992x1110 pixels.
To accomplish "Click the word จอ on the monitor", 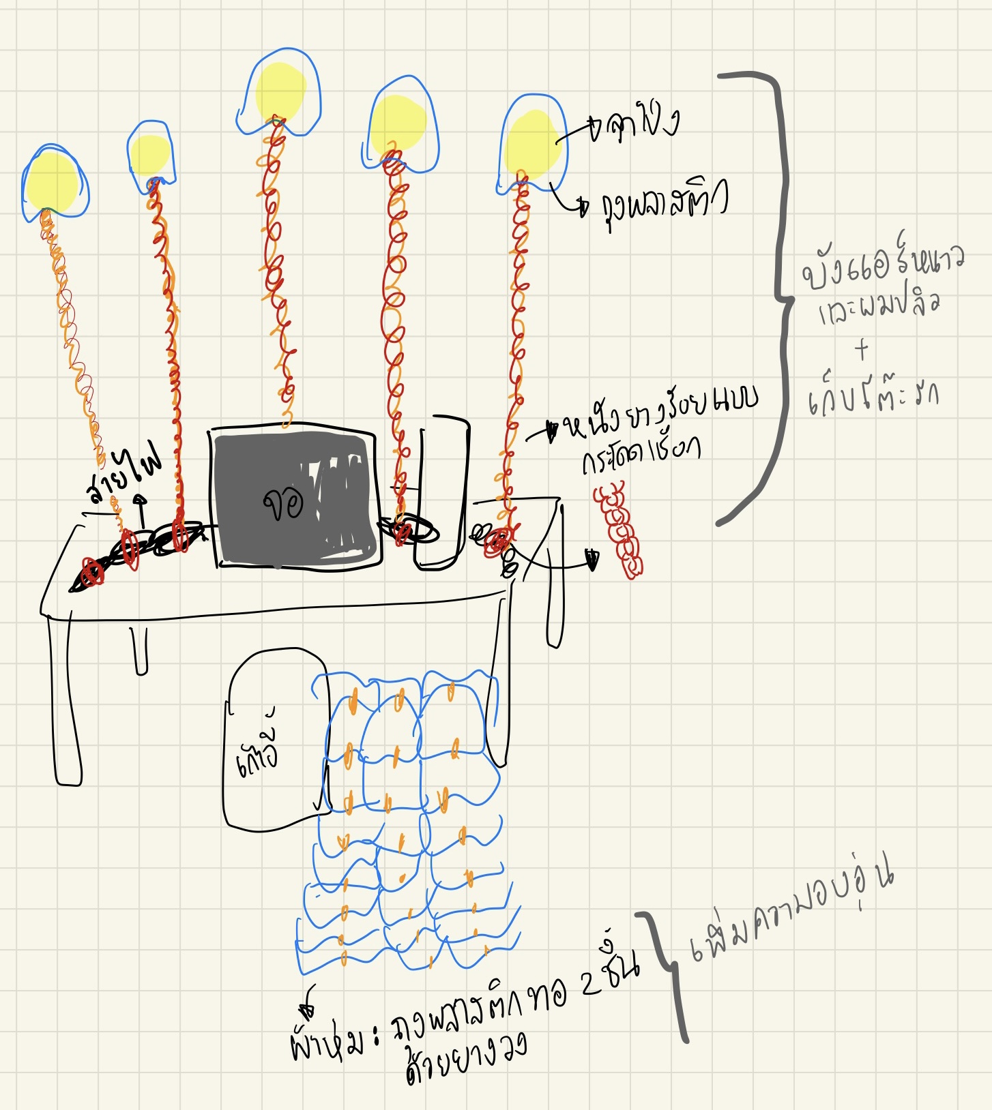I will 283,505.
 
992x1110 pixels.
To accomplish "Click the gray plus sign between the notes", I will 862,350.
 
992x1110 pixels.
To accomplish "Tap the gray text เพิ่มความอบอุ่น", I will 791,914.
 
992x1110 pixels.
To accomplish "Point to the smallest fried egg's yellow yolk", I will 149,155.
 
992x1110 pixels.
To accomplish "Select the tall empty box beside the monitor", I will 443,491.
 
